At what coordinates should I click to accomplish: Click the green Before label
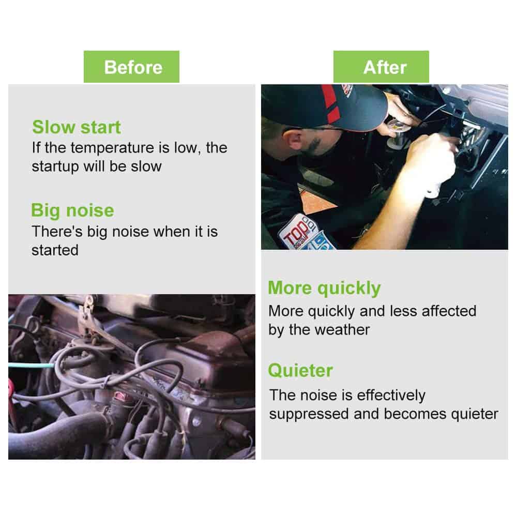(131, 67)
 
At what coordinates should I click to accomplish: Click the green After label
(381, 67)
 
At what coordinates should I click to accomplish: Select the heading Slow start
(77, 127)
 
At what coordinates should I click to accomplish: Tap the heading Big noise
(72, 211)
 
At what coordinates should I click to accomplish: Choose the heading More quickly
(325, 288)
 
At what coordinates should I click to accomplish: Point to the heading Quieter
(300, 371)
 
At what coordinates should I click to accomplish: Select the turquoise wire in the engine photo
(31, 366)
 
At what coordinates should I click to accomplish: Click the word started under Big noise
(55, 250)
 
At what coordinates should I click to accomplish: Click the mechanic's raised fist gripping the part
(432, 155)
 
